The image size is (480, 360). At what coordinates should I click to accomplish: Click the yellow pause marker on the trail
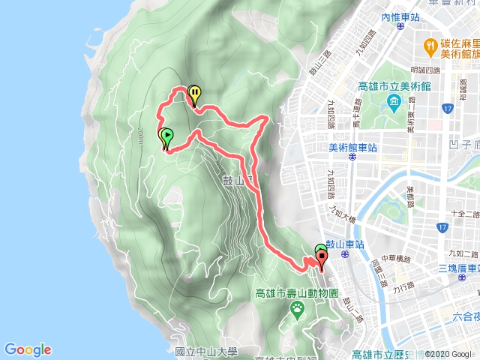194,94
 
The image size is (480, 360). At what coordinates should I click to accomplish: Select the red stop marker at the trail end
323,259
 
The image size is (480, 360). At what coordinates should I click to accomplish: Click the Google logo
28,349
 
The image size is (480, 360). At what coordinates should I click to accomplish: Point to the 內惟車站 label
397,16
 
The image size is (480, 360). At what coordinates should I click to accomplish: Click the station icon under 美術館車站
351,157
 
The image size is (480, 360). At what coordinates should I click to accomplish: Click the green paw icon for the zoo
298,307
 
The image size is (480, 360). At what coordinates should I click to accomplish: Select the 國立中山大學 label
205,351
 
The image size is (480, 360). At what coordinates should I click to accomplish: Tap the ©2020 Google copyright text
450,354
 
